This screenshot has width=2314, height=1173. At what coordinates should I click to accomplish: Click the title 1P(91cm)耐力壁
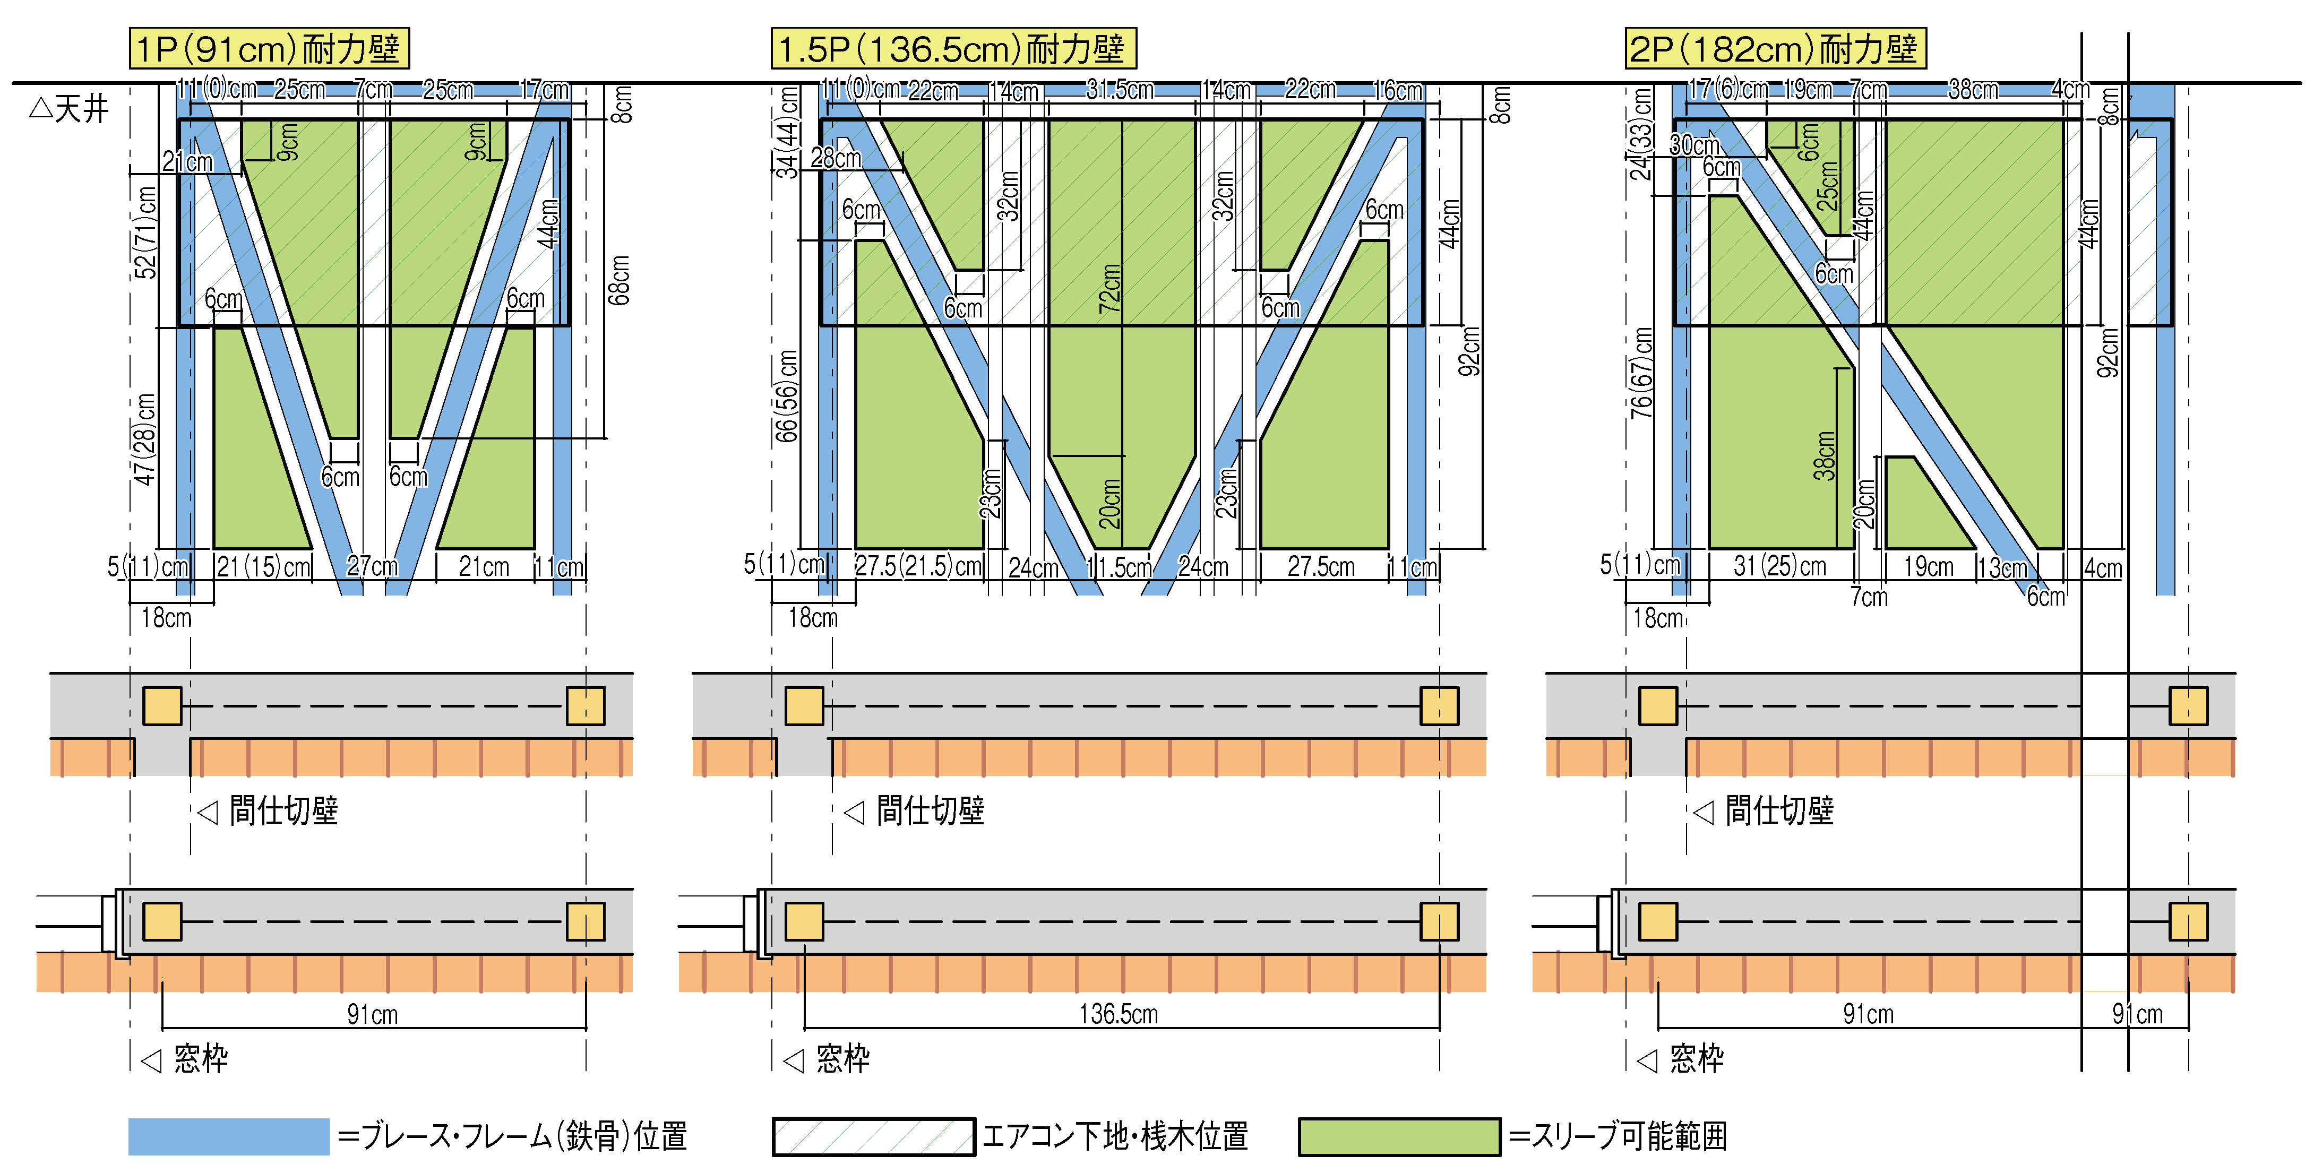coord(269,48)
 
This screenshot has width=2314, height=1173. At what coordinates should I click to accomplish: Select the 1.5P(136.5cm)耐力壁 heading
coord(953,48)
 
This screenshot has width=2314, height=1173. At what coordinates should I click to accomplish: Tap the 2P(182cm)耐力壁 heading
coord(1775,48)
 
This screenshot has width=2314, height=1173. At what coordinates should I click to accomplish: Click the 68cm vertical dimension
coord(619,280)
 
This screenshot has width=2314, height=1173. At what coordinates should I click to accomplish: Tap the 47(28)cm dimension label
coord(144,439)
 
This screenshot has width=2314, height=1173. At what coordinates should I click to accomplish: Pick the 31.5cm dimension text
coord(1119,90)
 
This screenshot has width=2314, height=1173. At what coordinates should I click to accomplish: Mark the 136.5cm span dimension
coord(1119,1014)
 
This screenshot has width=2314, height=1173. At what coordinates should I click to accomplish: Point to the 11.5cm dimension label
coord(1119,567)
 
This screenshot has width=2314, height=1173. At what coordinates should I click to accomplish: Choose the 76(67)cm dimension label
coord(1642,373)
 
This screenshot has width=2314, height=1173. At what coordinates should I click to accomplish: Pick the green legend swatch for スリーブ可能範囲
coord(1399,1136)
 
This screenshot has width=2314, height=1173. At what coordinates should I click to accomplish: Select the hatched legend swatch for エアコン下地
coord(873,1136)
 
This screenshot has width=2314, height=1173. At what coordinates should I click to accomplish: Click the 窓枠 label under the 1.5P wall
coord(842,1059)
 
